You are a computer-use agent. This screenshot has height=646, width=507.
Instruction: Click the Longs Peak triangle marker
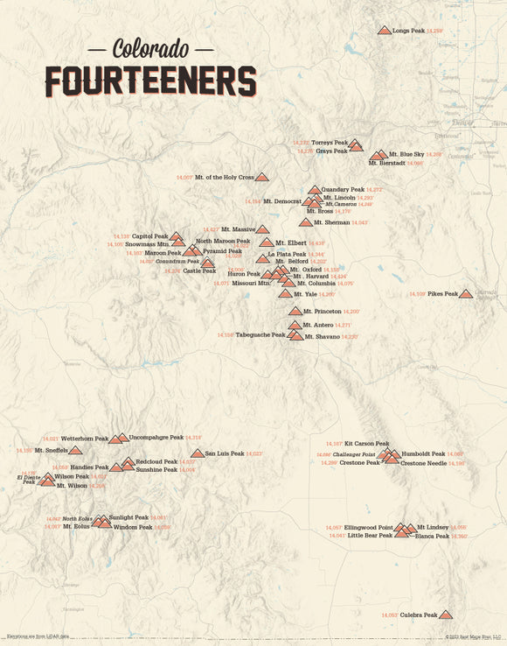(x=384, y=31)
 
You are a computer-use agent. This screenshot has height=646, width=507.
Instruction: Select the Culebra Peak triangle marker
(x=446, y=614)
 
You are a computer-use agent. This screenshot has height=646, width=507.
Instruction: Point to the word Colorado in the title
(x=150, y=47)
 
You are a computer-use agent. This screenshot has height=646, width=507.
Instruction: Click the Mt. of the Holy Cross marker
(x=261, y=177)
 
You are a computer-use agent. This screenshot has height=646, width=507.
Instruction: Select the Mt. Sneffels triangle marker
(x=75, y=450)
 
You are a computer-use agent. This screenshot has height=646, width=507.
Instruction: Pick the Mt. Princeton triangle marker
(x=295, y=311)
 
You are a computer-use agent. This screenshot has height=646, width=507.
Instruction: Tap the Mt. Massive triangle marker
(x=262, y=229)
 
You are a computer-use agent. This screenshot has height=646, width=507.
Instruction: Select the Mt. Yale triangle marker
(x=285, y=294)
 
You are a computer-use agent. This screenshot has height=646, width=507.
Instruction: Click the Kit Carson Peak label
(x=366, y=444)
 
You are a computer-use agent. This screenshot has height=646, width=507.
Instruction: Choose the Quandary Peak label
(x=343, y=189)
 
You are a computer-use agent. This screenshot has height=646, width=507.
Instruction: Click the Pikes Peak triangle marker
(x=466, y=294)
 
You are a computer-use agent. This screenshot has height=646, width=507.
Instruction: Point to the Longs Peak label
(x=408, y=31)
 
